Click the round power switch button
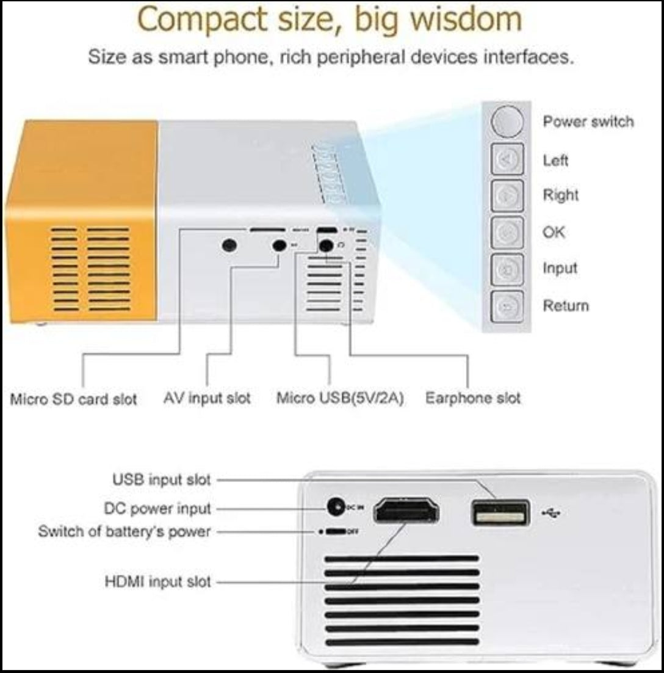tap(507, 122)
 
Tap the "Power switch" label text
tap(588, 122)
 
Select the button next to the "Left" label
tap(507, 159)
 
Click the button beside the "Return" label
tap(507, 305)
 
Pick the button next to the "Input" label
tap(507, 268)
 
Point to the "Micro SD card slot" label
tap(74, 399)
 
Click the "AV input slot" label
tap(207, 398)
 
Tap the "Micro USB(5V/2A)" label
tap(340, 399)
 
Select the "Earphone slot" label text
tap(473, 398)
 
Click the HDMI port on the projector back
tap(406, 510)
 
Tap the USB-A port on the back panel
tap(500, 512)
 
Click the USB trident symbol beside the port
tap(550, 513)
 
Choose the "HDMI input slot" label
tap(158, 581)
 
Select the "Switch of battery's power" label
tap(124, 531)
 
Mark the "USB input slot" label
tap(161, 480)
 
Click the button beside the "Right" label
tap(507, 195)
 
